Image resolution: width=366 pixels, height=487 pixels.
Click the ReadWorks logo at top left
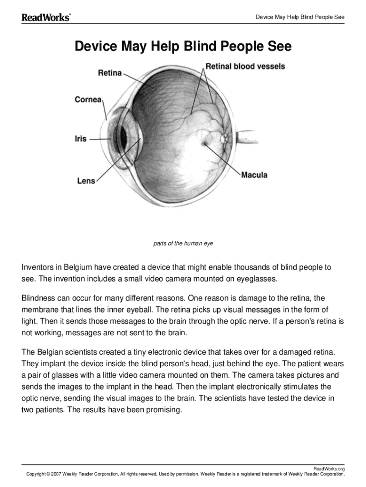pyautogui.click(x=46, y=18)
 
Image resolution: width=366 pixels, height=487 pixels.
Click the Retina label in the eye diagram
pyautogui.click(x=110, y=73)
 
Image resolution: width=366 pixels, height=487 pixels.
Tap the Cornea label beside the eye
pyautogui.click(x=88, y=99)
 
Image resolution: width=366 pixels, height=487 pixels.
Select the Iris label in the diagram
pyautogui.click(x=80, y=139)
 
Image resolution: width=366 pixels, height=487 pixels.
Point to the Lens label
pyautogui.click(x=86, y=181)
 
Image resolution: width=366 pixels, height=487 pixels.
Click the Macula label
pyautogui.click(x=254, y=175)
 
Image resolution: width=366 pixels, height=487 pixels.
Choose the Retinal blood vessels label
pyautogui.click(x=245, y=66)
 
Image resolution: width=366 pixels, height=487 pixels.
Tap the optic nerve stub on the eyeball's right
pyautogui.click(x=248, y=138)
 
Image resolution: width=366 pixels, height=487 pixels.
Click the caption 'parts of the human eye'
pyautogui.click(x=183, y=243)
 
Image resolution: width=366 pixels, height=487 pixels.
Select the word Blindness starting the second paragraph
pyautogui.click(x=40, y=299)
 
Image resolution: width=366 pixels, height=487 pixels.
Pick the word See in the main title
pyautogui.click(x=277, y=47)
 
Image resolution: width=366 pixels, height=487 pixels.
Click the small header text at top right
pyautogui.click(x=300, y=18)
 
